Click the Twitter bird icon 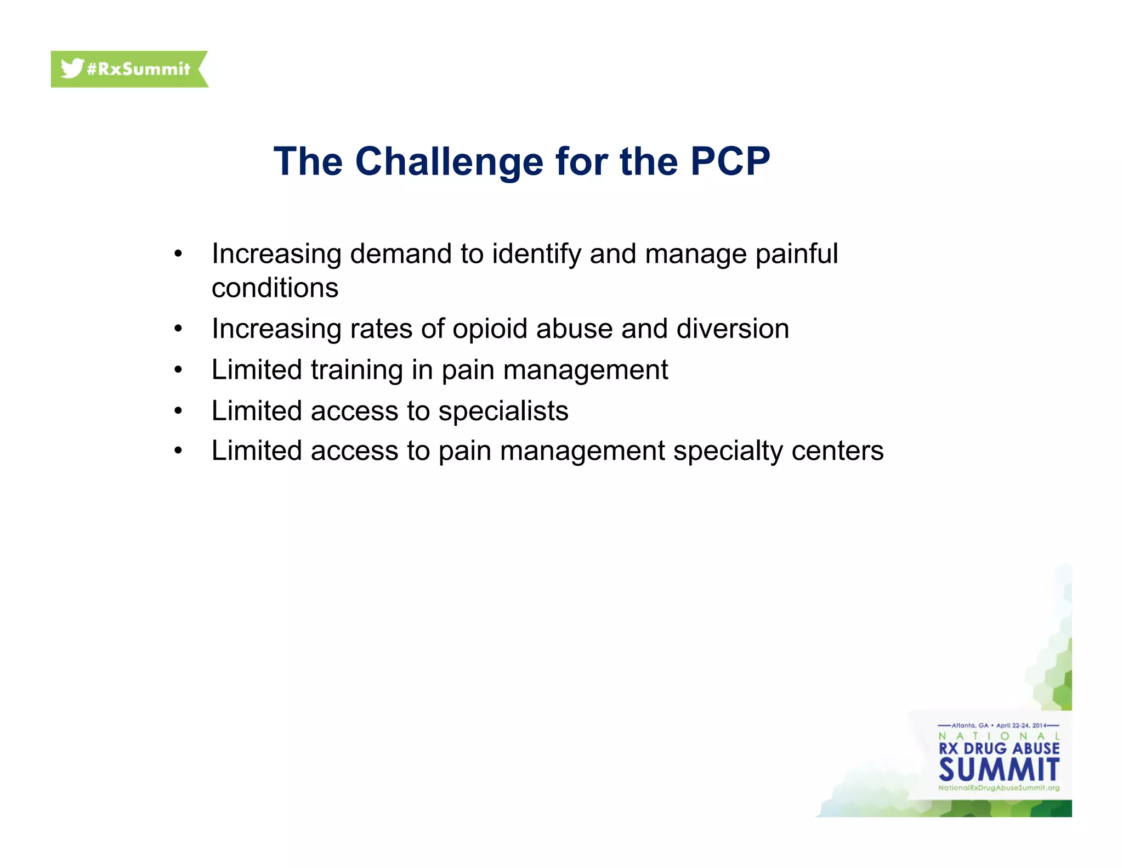point(72,69)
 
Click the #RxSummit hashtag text point(138,69)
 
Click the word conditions point(275,288)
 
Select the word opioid point(490,329)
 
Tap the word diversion point(733,329)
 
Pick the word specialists point(503,411)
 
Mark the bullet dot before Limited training point(178,370)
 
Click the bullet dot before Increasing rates point(178,329)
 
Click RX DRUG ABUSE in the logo point(999,748)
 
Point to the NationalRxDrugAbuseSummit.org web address point(999,788)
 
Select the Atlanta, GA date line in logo point(999,725)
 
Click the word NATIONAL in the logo point(999,736)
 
